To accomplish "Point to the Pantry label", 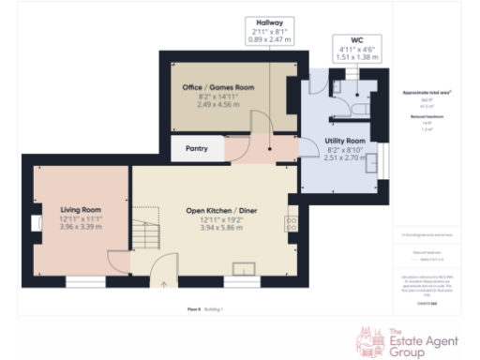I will (197, 148).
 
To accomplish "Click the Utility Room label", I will (343, 140).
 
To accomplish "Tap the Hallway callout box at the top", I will (270, 31).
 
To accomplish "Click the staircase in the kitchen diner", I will (144, 230).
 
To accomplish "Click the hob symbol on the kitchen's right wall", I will (291, 222).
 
